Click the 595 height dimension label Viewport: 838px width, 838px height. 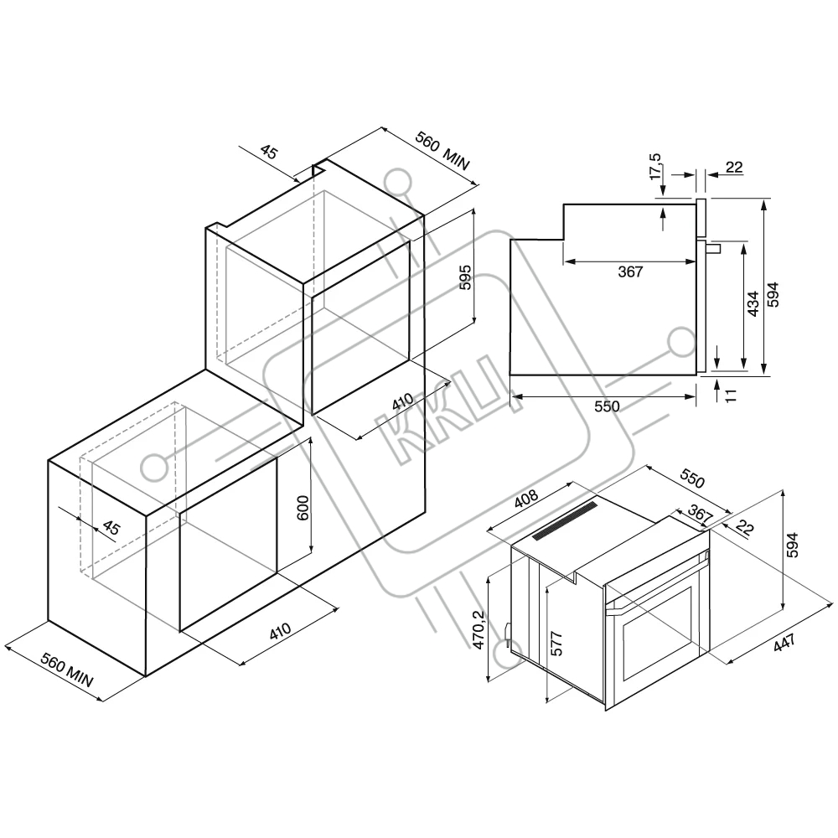tap(465, 277)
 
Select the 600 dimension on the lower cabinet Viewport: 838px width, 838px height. tap(303, 509)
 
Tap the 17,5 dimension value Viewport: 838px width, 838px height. tap(655, 167)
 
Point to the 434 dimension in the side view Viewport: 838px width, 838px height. tap(753, 303)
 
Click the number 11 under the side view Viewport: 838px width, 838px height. tap(732, 395)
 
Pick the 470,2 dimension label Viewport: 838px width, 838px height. tap(478, 630)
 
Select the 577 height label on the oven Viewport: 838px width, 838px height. tap(556, 644)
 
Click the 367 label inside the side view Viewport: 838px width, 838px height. tap(630, 272)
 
